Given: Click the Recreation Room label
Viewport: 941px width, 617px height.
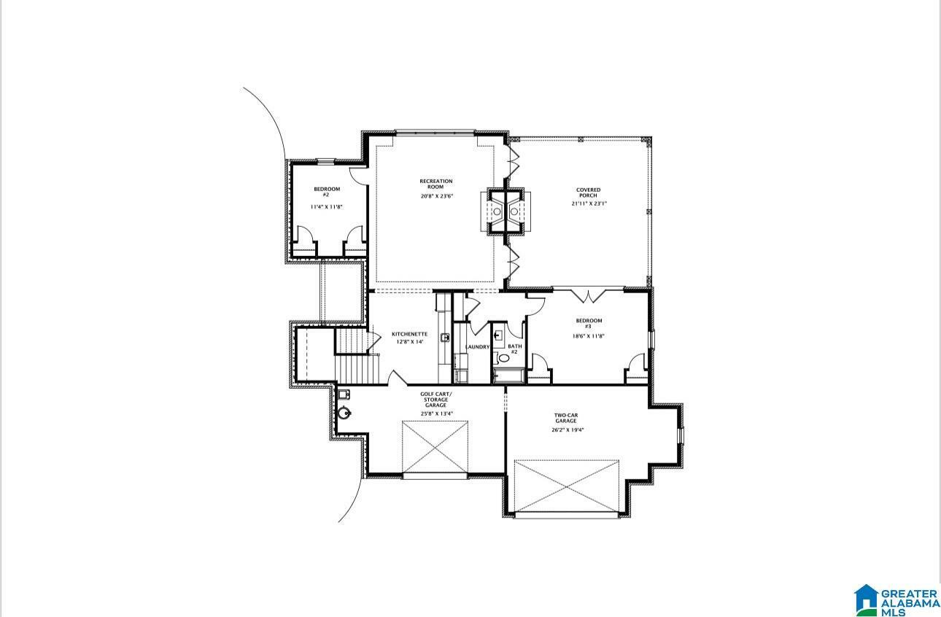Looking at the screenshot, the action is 436,184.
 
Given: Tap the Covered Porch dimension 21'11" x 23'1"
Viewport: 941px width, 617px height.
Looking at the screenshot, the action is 588,203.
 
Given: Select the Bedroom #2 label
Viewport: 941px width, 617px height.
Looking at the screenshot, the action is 327,192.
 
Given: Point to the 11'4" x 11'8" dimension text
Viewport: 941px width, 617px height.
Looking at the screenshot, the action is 327,206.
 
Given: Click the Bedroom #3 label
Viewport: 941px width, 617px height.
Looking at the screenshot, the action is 589,323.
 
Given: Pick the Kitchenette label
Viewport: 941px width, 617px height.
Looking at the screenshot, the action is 409,334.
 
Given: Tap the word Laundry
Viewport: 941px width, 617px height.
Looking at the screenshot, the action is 477,347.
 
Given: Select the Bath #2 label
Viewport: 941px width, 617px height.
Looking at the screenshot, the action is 515,349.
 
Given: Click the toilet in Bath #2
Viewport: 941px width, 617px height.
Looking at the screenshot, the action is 502,358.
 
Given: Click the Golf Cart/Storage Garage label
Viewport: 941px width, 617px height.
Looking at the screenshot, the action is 436,400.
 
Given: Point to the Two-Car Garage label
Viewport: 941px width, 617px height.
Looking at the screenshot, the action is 566,418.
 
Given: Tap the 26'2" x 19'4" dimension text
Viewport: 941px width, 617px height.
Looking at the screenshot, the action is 568,430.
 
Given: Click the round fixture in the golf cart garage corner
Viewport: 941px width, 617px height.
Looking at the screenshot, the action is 344,413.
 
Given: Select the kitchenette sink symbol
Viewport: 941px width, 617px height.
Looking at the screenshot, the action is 444,337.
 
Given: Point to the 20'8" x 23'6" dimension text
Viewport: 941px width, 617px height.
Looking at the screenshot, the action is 437,196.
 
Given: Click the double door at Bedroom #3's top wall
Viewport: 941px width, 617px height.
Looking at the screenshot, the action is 588,295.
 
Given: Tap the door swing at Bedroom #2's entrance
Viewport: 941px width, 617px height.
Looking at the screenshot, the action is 358,176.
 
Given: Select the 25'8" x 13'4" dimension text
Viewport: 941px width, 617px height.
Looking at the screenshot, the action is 437,414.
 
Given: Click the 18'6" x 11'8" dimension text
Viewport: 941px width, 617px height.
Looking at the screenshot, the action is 589,336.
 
